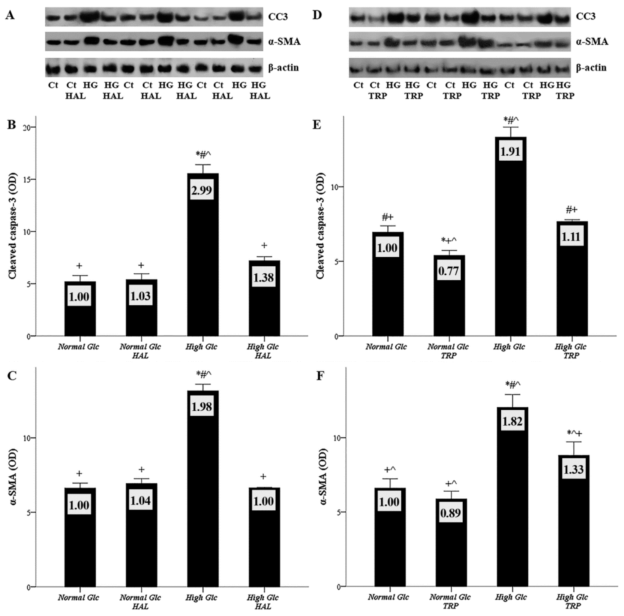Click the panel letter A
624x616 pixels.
[x=10, y=15]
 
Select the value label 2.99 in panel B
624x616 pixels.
[x=202, y=190]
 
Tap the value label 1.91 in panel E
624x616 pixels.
[x=510, y=151]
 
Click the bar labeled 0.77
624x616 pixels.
[x=449, y=296]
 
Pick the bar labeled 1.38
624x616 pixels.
[x=264, y=300]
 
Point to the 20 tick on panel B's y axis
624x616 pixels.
[x=27, y=127]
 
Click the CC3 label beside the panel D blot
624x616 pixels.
[x=585, y=16]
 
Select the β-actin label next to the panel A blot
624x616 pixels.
[x=283, y=68]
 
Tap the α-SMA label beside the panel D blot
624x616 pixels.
[x=592, y=42]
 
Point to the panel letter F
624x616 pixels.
[x=320, y=376]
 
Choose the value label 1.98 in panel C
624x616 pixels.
[x=202, y=407]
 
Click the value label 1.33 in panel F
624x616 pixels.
[x=573, y=469]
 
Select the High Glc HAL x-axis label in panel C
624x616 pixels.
[x=262, y=602]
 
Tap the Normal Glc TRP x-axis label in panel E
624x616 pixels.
[x=448, y=351]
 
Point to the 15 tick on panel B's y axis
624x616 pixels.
[x=27, y=179]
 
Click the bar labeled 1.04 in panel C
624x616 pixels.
[x=141, y=536]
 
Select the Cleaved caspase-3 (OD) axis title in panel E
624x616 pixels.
[x=320, y=226]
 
